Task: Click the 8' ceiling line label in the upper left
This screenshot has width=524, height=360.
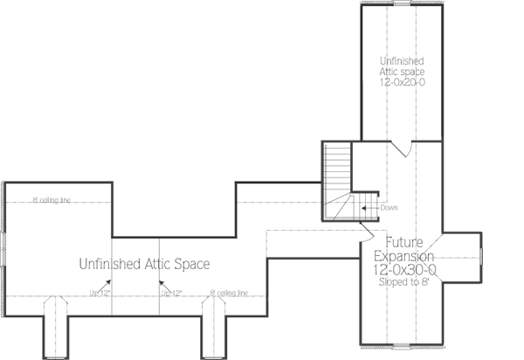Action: coord(52,200)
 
